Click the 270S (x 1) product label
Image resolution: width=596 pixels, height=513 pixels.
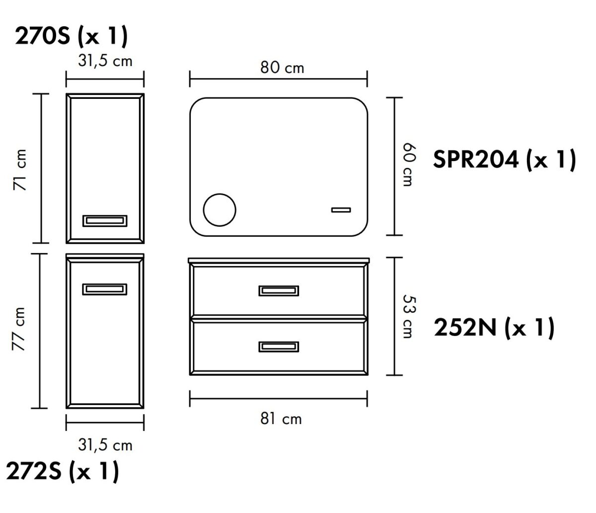(71, 36)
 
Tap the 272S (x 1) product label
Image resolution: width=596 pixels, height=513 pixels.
(62, 471)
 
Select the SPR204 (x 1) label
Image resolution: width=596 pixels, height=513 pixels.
(504, 160)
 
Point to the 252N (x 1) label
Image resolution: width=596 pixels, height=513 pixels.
(494, 328)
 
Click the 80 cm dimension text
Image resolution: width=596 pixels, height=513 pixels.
(282, 68)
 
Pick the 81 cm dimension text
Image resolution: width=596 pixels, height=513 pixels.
(281, 419)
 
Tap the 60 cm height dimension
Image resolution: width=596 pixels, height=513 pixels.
(409, 165)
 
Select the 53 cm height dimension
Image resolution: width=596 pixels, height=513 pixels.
(409, 316)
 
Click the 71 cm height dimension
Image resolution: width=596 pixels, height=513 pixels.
(19, 170)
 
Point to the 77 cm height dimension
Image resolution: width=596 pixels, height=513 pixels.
(18, 329)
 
